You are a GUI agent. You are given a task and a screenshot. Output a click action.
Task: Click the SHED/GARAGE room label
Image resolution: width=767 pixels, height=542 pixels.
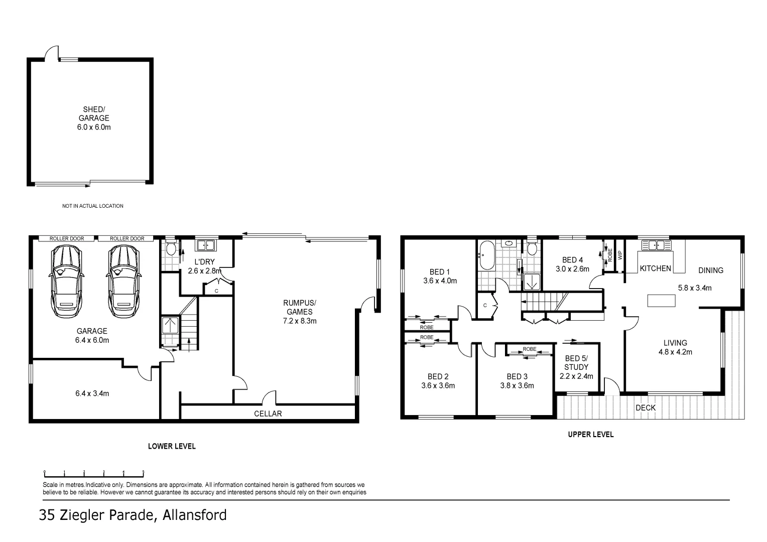click(94, 114)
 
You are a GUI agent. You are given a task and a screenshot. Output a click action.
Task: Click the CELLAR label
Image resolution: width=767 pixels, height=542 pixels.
click(268, 414)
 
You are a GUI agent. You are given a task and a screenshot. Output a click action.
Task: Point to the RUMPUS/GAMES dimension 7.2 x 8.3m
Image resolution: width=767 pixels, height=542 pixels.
click(300, 321)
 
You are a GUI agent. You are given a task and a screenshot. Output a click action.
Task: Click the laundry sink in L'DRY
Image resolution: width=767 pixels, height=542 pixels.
click(205, 245)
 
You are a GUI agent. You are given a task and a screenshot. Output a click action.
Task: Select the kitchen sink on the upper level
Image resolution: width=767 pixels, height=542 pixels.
click(656, 245)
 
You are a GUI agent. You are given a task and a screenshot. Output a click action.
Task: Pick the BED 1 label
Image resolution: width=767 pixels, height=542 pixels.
click(440, 272)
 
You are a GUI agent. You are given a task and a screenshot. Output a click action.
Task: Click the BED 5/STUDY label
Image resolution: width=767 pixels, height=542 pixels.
click(576, 363)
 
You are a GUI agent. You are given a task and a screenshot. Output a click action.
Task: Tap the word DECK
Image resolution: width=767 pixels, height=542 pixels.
click(646, 408)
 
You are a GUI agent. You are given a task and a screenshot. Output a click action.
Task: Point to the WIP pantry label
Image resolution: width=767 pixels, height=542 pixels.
click(620, 255)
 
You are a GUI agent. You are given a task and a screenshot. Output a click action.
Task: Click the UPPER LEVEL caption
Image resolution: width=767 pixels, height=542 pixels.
click(590, 435)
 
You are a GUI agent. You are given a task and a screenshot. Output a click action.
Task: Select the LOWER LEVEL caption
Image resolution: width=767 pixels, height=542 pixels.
click(172, 446)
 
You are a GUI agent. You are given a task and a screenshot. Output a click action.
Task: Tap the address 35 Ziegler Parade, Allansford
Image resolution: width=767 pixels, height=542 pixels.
click(133, 515)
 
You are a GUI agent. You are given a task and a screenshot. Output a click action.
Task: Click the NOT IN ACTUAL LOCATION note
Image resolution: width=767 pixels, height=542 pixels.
click(93, 206)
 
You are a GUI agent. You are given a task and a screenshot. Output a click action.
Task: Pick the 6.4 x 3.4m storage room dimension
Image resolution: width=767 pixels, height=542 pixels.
click(92, 393)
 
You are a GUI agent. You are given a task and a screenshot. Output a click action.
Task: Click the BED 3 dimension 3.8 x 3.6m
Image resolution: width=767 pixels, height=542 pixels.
click(517, 385)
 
